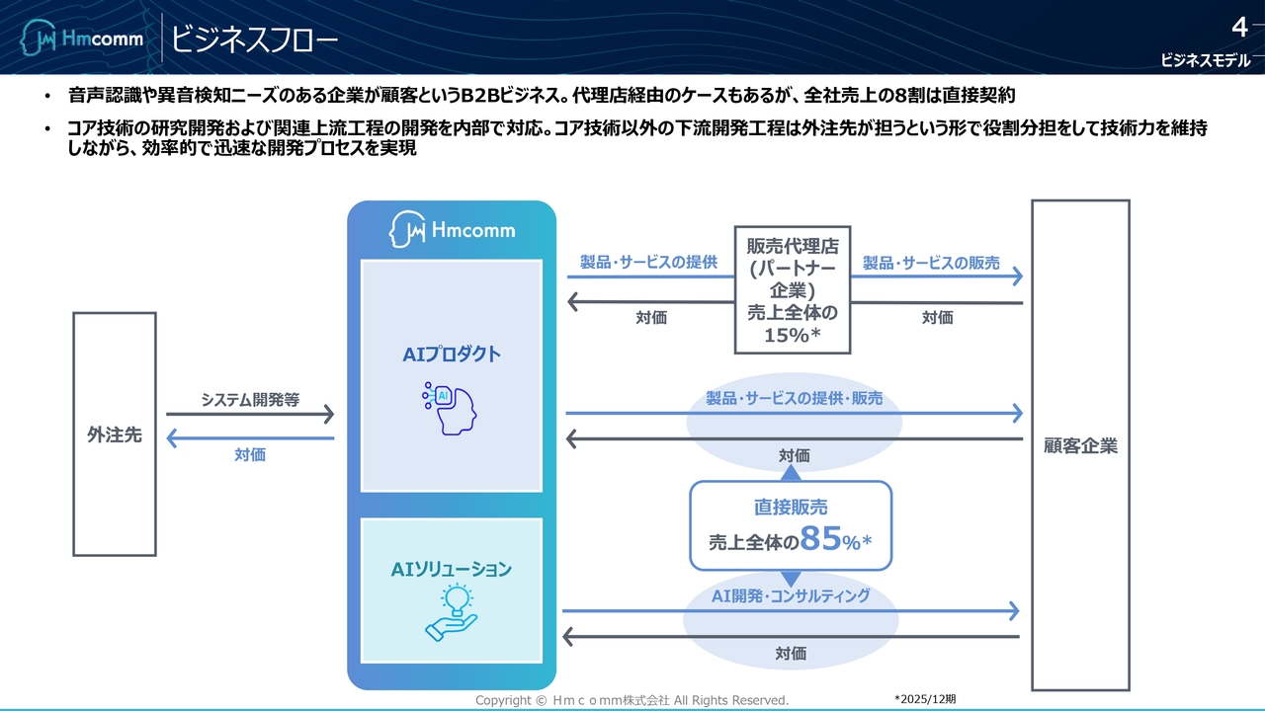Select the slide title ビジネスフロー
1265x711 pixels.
254,39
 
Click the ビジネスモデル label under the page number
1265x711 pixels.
1205,60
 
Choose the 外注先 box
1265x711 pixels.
115,434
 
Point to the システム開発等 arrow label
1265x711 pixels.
250,400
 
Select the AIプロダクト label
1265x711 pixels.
451,355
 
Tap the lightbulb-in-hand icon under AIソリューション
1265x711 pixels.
451,612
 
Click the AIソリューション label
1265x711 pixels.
451,569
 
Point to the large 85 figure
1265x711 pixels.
821,539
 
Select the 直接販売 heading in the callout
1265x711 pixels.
791,508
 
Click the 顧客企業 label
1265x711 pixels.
1080,446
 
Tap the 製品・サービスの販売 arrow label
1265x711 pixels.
931,264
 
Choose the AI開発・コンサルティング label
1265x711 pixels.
791,595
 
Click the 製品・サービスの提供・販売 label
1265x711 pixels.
794,399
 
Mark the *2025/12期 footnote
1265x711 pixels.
925,699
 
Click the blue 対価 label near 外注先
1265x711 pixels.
250,455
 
